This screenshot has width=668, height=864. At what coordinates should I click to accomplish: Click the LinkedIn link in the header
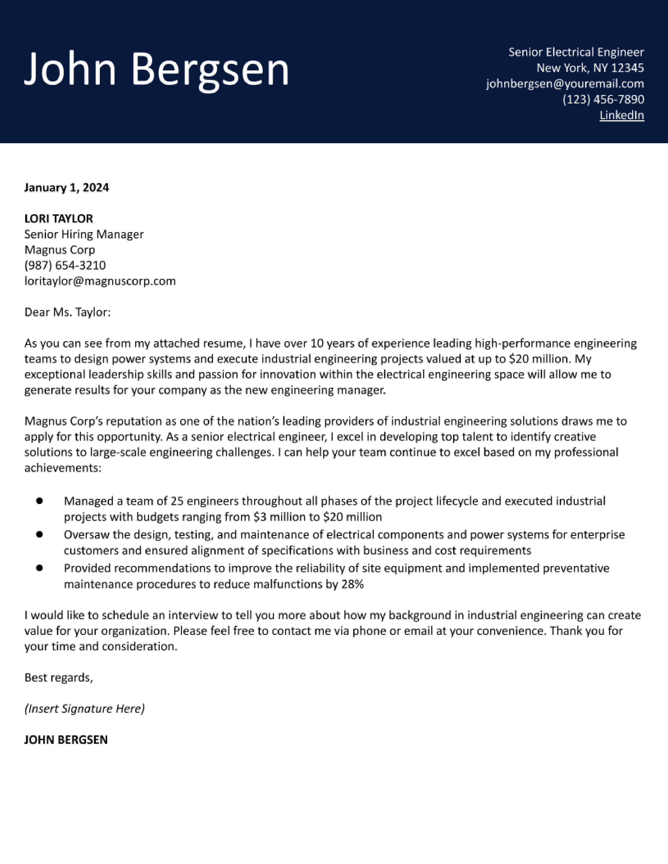pyautogui.click(x=622, y=115)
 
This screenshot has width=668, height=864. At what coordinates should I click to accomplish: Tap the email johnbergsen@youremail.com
pyautogui.click(x=565, y=84)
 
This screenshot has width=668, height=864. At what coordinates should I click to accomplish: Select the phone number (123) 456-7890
pyautogui.click(x=603, y=99)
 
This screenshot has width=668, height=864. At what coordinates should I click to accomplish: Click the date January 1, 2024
pyautogui.click(x=67, y=187)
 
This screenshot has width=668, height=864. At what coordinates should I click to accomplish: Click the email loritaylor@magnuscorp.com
pyautogui.click(x=100, y=281)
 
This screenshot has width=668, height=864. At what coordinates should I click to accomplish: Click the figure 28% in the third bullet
pyautogui.click(x=352, y=584)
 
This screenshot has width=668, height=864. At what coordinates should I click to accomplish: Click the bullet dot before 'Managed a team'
pyautogui.click(x=39, y=501)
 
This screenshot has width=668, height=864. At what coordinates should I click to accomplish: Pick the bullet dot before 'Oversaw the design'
pyautogui.click(x=39, y=534)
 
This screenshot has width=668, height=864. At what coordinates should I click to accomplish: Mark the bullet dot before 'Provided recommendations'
pyautogui.click(x=39, y=568)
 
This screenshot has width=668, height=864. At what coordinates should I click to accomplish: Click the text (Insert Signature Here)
pyautogui.click(x=84, y=708)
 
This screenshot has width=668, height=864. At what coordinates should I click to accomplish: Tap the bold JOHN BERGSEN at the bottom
pyautogui.click(x=66, y=740)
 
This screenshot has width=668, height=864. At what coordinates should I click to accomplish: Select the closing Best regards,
pyautogui.click(x=59, y=678)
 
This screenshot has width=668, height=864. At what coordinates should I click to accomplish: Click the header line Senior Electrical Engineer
pyautogui.click(x=576, y=52)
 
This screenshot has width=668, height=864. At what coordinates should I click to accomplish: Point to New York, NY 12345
pyautogui.click(x=590, y=68)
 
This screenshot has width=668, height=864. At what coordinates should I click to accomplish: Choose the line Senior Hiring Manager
pyautogui.click(x=84, y=235)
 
